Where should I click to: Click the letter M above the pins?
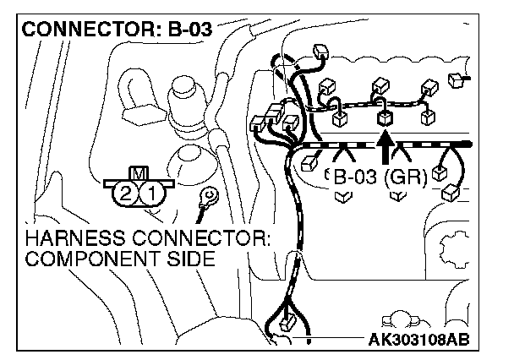(x=138, y=174)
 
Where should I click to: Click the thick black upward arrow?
(x=385, y=150)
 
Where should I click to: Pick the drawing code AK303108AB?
(x=420, y=340)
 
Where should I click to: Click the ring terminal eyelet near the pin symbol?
(x=205, y=196)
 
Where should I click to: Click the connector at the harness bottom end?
(x=287, y=322)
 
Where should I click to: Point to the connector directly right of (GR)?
(x=440, y=173)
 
